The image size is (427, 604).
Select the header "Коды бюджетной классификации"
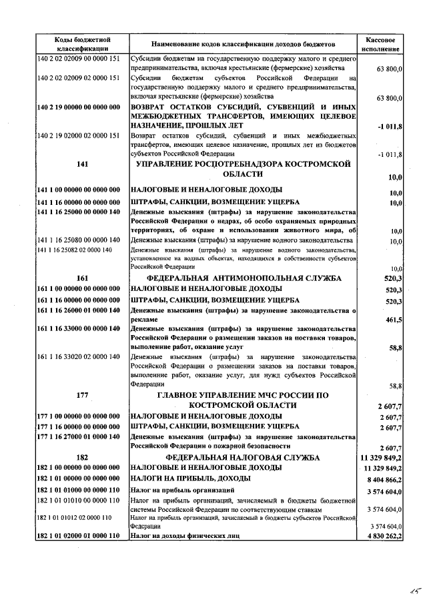(82, 44)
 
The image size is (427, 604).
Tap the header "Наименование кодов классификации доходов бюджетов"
(243, 44)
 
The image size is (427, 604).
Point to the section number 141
(82, 164)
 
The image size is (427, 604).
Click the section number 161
(82, 278)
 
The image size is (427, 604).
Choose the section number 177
(82, 395)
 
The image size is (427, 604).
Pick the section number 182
(82, 458)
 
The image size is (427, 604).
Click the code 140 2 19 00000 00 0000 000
(79, 107)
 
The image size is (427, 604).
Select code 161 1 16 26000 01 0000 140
(79, 311)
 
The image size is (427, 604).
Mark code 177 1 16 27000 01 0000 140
(79, 436)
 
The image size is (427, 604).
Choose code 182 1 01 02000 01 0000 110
(79, 536)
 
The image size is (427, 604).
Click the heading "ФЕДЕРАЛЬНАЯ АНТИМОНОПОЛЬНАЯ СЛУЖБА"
(243, 278)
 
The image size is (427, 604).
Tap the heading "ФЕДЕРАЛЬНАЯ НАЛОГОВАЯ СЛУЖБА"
(243, 458)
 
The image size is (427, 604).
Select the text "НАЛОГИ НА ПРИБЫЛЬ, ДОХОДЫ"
(191, 479)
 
